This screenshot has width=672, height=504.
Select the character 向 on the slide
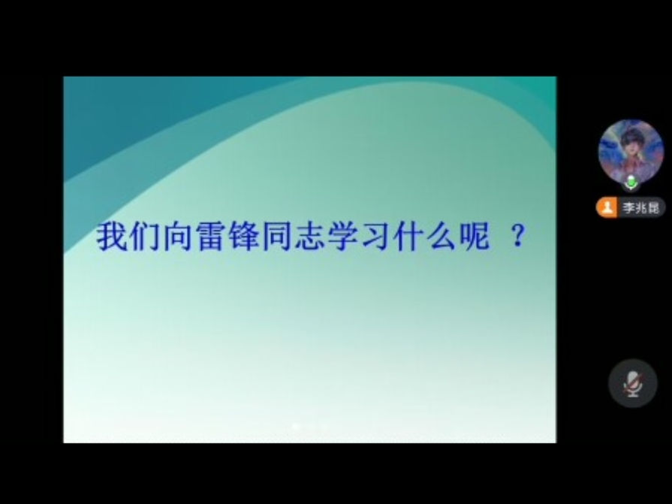(178, 236)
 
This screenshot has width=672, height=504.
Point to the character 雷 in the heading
(211, 236)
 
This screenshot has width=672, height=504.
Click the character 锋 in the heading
(244, 236)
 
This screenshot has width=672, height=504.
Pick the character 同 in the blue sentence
(277, 236)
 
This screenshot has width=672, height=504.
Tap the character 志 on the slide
(310, 236)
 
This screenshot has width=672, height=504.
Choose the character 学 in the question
(343, 236)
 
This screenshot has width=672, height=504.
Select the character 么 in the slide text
(442, 236)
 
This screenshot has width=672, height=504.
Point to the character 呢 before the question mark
(475, 236)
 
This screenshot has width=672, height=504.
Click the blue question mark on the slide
(519, 236)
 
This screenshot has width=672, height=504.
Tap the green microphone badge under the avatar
(631, 183)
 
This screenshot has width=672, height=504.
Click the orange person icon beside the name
(607, 208)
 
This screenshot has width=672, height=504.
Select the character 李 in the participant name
(628, 208)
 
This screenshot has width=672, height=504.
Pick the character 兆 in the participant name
(641, 208)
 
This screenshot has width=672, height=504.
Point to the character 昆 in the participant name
(653, 208)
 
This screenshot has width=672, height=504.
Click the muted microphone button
(632, 383)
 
